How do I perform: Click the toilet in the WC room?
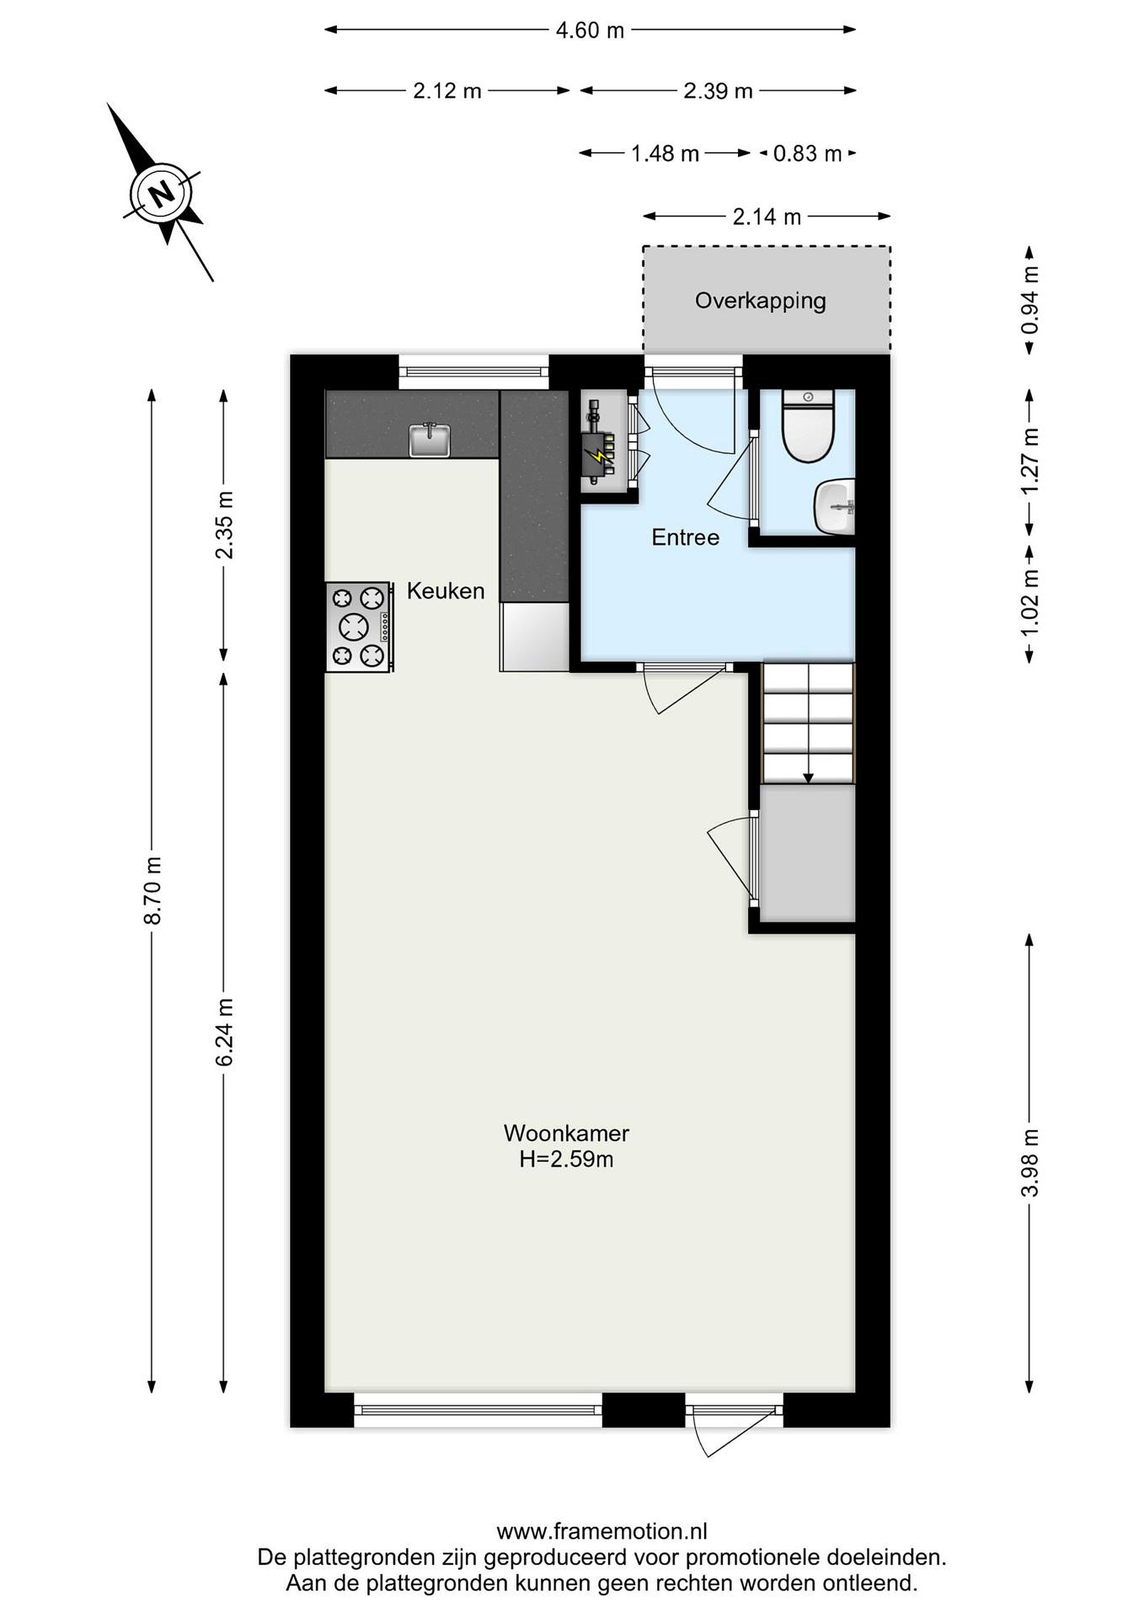808,426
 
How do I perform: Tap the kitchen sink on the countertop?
430,440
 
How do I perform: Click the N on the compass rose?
163,191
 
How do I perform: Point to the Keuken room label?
445,590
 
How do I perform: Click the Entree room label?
685,537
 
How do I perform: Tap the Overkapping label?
760,301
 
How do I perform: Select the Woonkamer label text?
566,1132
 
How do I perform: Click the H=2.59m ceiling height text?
566,1159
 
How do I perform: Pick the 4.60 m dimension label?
590,30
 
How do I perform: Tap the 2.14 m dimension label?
767,217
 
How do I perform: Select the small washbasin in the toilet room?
836,506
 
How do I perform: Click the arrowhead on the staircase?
808,778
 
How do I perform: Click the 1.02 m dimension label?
1030,601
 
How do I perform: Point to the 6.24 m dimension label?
224,1031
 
